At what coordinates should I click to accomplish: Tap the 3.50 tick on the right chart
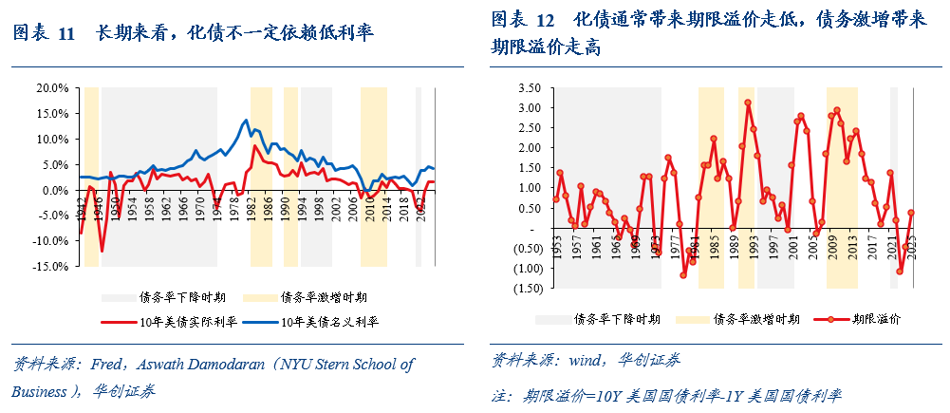coord(528,87)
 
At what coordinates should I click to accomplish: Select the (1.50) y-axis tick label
coord(526,289)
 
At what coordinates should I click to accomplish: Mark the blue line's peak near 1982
coord(246,121)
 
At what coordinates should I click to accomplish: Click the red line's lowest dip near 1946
coord(102,251)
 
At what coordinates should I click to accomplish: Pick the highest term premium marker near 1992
coord(748,103)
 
